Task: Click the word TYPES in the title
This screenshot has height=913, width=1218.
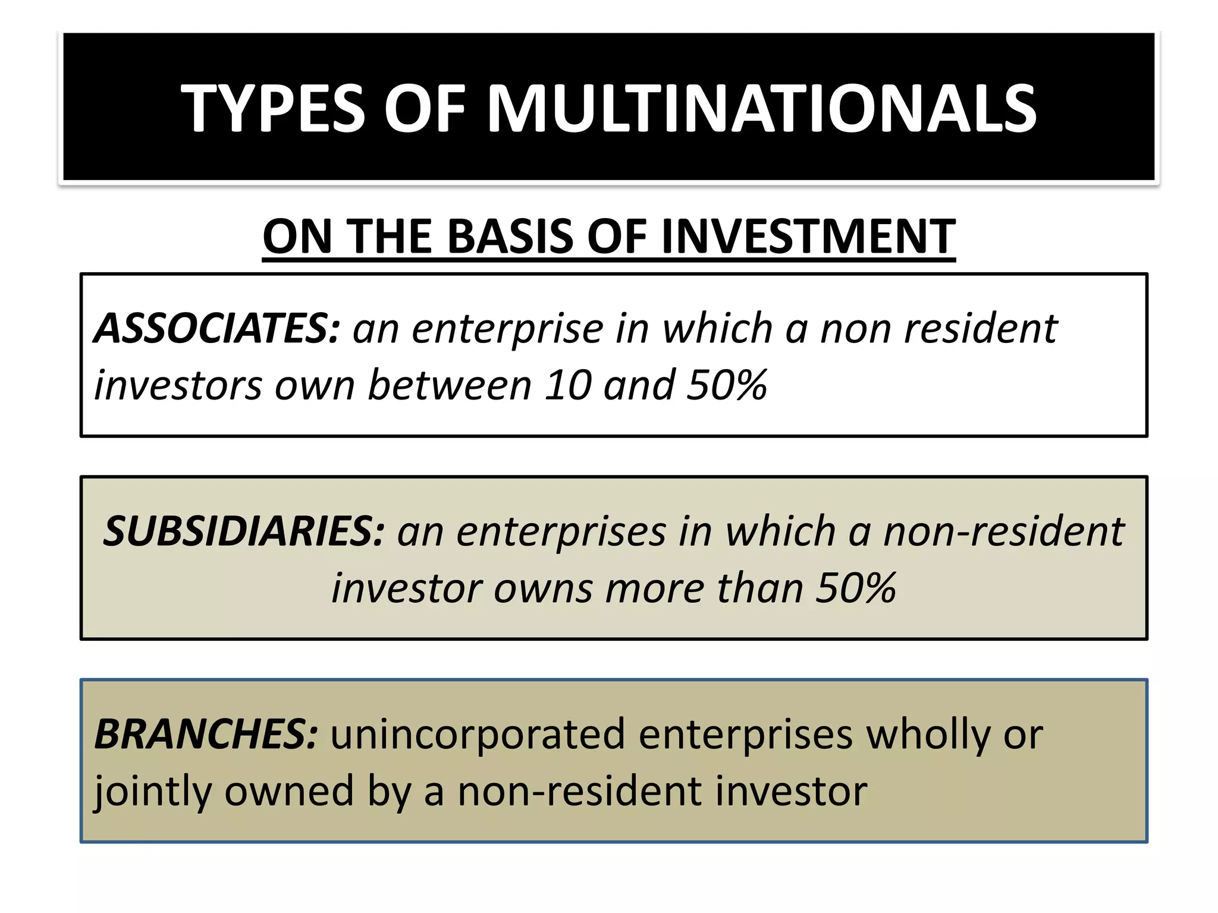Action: (272, 108)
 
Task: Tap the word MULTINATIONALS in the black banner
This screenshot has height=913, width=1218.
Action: (762, 108)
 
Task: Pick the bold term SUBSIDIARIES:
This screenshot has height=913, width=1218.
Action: (244, 531)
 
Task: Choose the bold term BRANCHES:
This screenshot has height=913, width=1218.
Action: (206, 733)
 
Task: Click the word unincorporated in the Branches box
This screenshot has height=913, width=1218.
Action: (478, 735)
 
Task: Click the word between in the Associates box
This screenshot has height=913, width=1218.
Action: (449, 385)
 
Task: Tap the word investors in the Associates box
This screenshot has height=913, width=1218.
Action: (178, 385)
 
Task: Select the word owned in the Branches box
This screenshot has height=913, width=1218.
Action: (289, 792)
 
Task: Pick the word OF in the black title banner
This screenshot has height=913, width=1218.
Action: (425, 108)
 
